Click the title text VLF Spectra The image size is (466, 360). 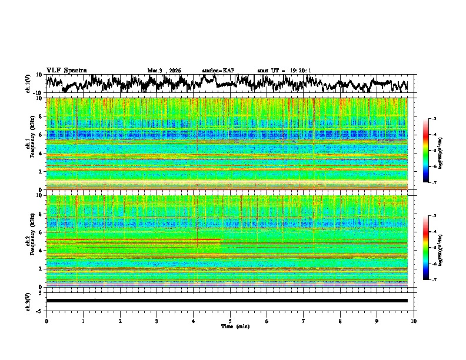(66, 70)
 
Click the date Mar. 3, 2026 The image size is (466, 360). (164, 71)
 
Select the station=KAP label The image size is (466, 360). (218, 71)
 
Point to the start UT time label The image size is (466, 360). (284, 71)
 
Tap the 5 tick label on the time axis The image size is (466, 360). (230, 321)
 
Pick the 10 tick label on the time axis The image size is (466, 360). (414, 321)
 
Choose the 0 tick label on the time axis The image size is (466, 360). (46, 321)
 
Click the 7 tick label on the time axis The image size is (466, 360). (304, 321)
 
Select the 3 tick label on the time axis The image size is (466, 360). (157, 321)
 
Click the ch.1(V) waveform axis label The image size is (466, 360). (28, 84)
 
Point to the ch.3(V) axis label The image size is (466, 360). (28, 300)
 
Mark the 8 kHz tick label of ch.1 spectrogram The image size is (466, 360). (41, 116)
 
